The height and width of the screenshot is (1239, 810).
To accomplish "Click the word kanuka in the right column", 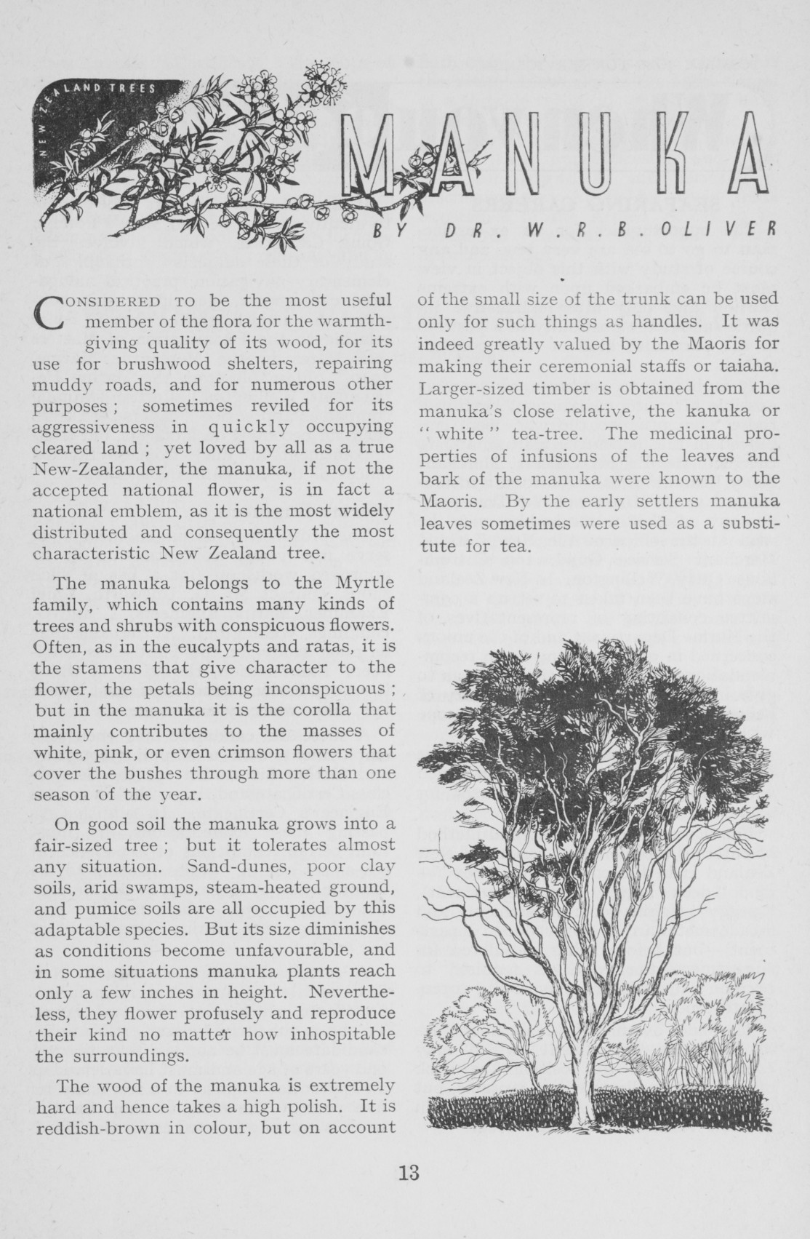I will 713,410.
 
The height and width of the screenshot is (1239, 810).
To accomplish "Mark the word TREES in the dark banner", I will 134,89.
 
